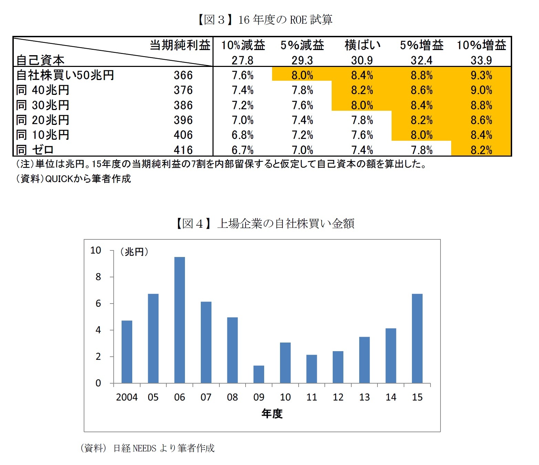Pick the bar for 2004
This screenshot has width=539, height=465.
tap(127, 352)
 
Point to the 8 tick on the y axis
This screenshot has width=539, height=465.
tap(99, 277)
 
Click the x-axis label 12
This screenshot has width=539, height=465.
tap(338, 397)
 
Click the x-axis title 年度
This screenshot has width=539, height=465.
tap(272, 413)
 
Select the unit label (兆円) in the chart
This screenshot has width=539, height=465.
tap(134, 252)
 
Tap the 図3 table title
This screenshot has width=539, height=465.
tap(265, 20)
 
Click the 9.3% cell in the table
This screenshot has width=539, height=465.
tap(481, 75)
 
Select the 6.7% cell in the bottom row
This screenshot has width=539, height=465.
tap(242, 150)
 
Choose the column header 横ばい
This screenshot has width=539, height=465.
tap(362, 45)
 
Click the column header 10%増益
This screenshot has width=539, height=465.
tap(481, 45)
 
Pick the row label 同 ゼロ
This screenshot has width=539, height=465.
tap(35, 150)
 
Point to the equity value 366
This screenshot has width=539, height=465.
tap(183, 75)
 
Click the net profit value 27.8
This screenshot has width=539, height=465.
tap(242, 60)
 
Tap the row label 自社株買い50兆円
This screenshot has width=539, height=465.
tap(65, 75)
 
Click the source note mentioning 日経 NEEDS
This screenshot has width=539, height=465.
tap(147, 448)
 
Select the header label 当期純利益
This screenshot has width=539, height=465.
tap(180, 45)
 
